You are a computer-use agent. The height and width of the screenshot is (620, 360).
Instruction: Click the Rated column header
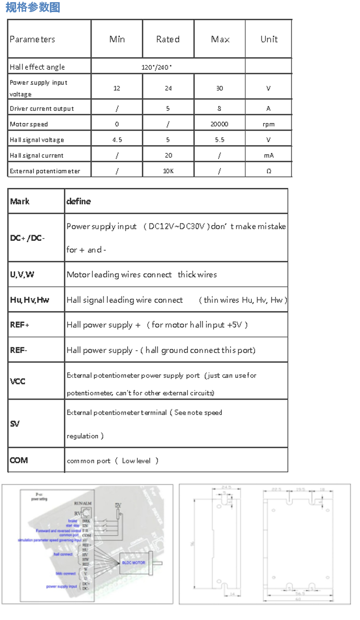(x=168, y=39)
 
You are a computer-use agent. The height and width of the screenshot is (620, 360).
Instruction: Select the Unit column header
(x=269, y=39)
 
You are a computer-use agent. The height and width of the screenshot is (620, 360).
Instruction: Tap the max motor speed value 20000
(x=219, y=124)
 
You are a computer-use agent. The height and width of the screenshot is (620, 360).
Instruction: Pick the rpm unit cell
(x=268, y=124)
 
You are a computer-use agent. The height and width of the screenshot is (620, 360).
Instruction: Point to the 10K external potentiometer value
(x=168, y=171)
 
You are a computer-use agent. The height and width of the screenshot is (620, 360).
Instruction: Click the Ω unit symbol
(x=268, y=171)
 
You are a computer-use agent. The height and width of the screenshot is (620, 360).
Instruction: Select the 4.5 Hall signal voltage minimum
(x=117, y=140)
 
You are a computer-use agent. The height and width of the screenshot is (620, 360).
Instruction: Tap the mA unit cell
(x=268, y=156)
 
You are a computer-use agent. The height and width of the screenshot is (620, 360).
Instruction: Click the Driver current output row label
(x=42, y=108)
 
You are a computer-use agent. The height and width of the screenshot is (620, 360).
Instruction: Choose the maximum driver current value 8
(x=219, y=108)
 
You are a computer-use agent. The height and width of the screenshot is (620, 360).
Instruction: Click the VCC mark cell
(x=18, y=381)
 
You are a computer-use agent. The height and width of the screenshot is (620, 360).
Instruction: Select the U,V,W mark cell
(x=22, y=274)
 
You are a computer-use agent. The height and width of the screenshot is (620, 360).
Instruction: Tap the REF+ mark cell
(x=20, y=325)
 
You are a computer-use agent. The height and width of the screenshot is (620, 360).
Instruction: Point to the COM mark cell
(x=19, y=460)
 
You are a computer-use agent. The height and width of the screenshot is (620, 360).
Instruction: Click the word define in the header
(x=78, y=202)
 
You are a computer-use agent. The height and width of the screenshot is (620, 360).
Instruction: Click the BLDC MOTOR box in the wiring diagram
(x=133, y=562)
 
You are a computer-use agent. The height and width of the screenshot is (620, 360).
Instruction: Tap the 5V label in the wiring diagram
(x=118, y=505)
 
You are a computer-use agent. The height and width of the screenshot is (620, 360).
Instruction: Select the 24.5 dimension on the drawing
(x=226, y=488)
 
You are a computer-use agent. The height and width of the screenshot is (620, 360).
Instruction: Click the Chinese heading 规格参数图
(x=32, y=7)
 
